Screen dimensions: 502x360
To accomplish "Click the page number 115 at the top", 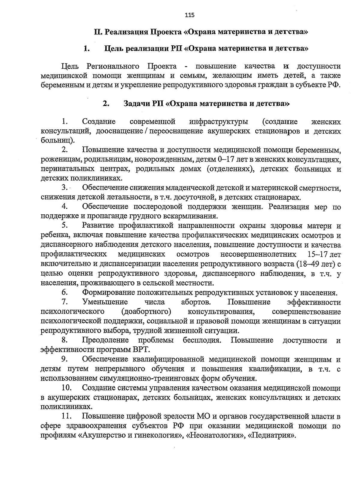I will coord(190,15).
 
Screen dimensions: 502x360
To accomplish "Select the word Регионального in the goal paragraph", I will coord(113,66).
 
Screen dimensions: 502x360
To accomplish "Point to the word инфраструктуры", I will coord(219,122).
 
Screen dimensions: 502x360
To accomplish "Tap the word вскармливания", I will coord(190,216).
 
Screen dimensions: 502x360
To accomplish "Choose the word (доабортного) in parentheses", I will coord(146,311).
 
